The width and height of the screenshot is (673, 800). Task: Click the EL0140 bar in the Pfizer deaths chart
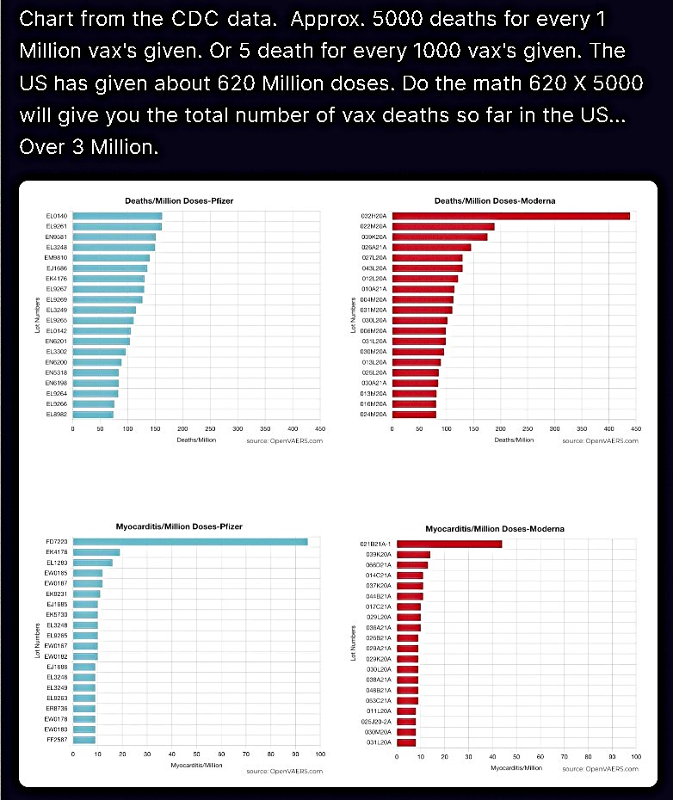coord(117,216)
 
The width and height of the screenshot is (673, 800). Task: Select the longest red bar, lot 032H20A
coord(511,216)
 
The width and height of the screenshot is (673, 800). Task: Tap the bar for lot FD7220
coord(189,541)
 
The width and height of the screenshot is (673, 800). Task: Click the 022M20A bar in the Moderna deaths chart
coord(443,226)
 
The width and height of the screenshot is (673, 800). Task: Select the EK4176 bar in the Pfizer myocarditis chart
coord(96,552)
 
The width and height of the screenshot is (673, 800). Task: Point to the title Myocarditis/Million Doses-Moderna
coord(495,528)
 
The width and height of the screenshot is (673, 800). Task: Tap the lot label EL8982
coord(57,414)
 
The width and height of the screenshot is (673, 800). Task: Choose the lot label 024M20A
coord(374,414)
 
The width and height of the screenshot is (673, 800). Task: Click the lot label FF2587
coord(56,739)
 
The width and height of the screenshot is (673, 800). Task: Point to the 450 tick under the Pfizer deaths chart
coord(320,428)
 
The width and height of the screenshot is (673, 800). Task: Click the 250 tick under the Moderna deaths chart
coord(528,428)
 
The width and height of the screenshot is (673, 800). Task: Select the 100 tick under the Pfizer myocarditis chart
coord(320,754)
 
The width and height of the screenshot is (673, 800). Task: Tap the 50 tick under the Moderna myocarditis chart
coord(516,756)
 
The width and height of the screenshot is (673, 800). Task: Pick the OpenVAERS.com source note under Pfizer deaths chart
coord(284,440)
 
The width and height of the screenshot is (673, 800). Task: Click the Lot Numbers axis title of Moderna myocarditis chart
coord(353,643)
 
